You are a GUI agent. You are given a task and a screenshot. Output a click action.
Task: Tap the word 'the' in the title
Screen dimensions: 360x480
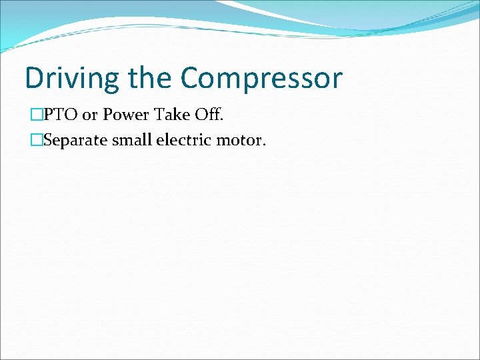click(x=150, y=78)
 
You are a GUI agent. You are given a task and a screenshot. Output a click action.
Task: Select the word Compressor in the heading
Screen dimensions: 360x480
click(x=261, y=78)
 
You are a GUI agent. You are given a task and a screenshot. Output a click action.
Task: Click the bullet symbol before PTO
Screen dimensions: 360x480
click(x=36, y=115)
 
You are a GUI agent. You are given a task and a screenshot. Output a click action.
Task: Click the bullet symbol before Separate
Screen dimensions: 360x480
click(x=36, y=141)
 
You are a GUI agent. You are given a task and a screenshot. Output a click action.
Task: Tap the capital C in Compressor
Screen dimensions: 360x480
click(x=191, y=78)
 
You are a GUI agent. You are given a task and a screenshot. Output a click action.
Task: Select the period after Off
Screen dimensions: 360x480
click(x=222, y=120)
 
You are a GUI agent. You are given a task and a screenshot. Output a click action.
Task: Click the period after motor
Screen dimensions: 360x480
click(x=264, y=146)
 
